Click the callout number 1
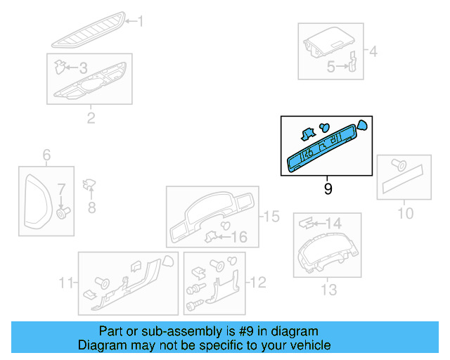140,22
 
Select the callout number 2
91,117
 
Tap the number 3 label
83,68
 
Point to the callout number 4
373,51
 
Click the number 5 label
330,67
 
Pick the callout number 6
47,155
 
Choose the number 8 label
91,207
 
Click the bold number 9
328,189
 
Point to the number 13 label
328,289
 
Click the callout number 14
333,224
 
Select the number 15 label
270,216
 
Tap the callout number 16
240,238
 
